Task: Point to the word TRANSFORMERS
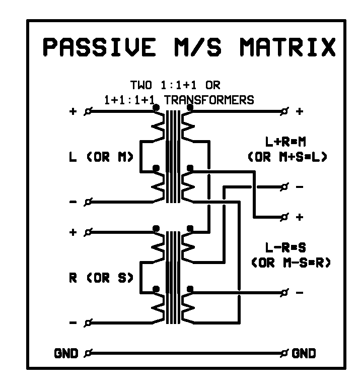point(209,100)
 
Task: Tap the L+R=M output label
point(287,142)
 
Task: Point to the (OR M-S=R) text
point(287,263)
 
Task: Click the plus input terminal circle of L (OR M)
point(89,111)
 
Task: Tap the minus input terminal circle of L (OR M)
point(89,202)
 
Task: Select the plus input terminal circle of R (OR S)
point(89,232)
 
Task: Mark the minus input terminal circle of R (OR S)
point(89,323)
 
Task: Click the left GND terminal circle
point(89,353)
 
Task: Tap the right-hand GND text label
point(304,353)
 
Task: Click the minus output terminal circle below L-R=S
point(285,293)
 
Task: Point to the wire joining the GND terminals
point(186,353)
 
